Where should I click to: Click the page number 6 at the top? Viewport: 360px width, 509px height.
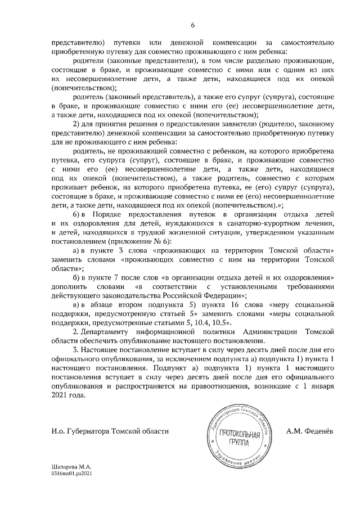click(x=193, y=25)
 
